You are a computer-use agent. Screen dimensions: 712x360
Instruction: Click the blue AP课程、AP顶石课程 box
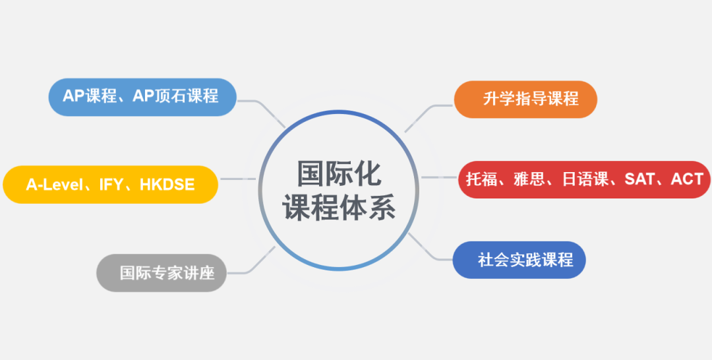coord(142,97)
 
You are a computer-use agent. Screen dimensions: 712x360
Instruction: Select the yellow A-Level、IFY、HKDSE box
coord(110,185)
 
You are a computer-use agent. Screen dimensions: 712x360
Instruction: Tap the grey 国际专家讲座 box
coord(162,273)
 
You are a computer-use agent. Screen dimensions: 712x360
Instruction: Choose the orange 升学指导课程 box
coord(525,100)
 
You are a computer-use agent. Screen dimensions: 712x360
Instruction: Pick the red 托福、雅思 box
coord(584,179)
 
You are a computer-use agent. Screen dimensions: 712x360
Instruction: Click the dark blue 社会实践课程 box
coord(519,260)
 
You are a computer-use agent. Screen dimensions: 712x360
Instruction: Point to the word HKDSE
coord(167,185)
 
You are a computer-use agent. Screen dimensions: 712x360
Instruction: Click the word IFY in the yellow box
coord(111,185)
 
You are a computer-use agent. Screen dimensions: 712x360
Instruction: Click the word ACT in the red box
coord(687,179)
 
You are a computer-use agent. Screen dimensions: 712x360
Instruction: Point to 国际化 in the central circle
coord(340,173)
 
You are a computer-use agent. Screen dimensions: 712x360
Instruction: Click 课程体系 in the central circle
coord(339,208)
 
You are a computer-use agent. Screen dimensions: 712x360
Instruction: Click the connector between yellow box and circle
coord(238,179)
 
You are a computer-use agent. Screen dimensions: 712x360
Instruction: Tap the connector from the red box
coord(439,177)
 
